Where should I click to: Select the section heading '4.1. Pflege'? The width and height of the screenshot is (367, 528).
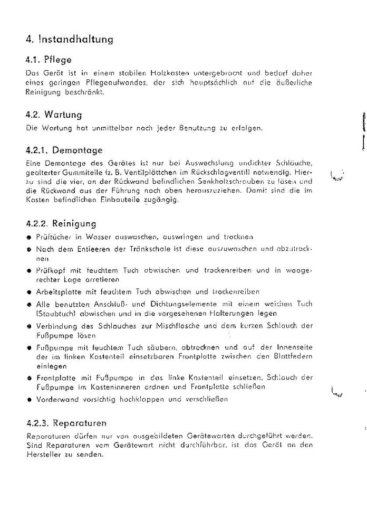(x=48, y=60)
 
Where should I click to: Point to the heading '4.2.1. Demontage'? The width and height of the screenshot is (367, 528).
(x=64, y=150)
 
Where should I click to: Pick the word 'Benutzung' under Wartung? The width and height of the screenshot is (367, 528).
(x=192, y=128)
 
